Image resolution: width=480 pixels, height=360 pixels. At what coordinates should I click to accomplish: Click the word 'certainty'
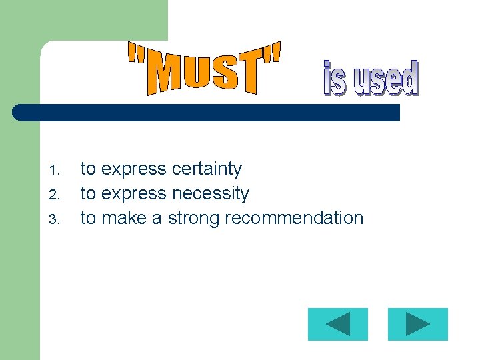[207, 169]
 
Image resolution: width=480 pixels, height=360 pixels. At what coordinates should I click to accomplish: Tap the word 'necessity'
[211, 194]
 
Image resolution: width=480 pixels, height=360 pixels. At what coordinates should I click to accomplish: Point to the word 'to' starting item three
[88, 218]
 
